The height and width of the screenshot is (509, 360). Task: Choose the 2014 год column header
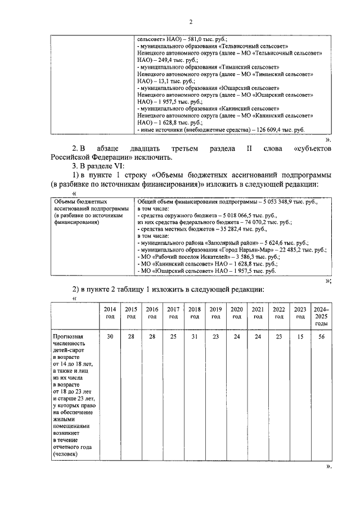coord(110,313)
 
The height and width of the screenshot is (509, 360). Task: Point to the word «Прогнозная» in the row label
coord(68,336)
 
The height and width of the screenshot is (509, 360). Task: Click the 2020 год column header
coord(237,313)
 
